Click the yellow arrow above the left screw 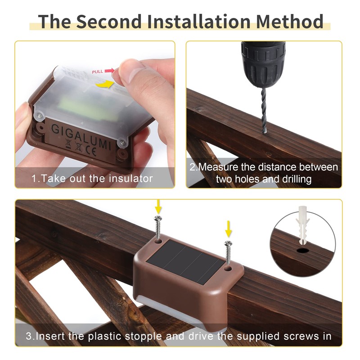158,207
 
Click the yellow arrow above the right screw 228,229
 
